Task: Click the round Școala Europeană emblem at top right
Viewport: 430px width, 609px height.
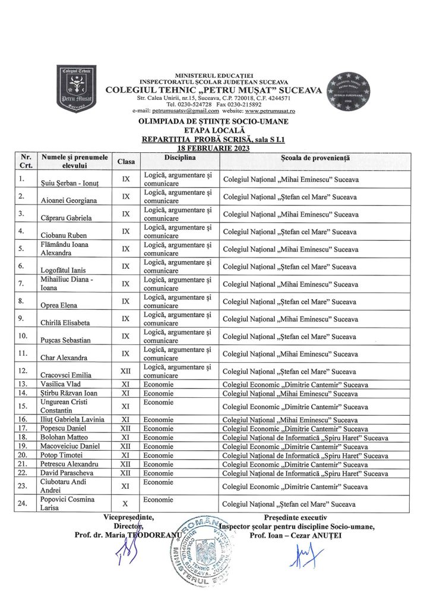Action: click(x=353, y=92)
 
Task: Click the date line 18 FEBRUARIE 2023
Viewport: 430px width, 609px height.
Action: click(x=214, y=147)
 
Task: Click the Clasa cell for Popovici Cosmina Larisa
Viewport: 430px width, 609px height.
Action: click(x=125, y=503)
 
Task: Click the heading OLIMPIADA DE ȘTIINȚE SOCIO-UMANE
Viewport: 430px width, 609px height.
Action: click(x=214, y=121)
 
